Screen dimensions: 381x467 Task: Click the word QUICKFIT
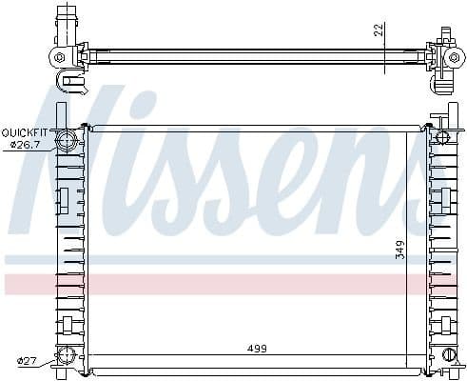(x=24, y=131)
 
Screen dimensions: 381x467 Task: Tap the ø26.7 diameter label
(x=27, y=144)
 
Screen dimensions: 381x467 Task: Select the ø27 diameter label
(x=28, y=360)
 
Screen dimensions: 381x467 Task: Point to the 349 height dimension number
(x=401, y=250)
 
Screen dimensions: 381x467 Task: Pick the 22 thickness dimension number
(x=378, y=30)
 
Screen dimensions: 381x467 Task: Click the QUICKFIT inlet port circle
(x=68, y=143)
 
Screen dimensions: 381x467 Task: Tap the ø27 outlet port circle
(x=67, y=357)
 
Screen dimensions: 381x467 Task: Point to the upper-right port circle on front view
(x=440, y=139)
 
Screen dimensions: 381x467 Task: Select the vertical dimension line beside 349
(x=410, y=248)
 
